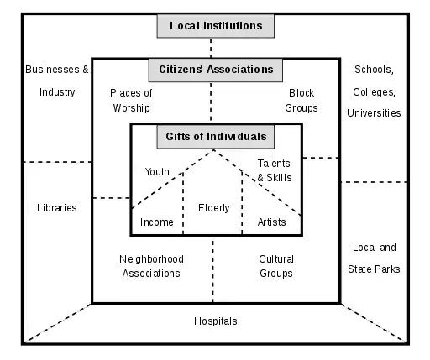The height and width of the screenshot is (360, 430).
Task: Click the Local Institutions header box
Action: point(216,26)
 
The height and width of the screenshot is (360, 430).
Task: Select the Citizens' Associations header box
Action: point(216,69)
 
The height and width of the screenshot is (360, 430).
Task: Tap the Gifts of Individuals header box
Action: point(216,136)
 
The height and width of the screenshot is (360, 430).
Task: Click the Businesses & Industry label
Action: point(57,81)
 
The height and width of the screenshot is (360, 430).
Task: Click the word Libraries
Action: point(57,208)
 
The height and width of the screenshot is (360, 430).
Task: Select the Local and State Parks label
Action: point(374,258)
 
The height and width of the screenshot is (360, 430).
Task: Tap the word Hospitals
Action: point(216,321)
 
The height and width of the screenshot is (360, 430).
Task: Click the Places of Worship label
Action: point(130,101)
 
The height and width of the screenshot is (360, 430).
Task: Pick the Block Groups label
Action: point(302,101)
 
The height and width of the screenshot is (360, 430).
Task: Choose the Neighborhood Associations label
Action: point(150,266)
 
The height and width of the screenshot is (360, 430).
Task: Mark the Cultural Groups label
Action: point(275,266)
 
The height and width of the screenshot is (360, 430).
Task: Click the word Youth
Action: point(157,172)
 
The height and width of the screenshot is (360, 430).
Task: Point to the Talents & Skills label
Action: point(275,171)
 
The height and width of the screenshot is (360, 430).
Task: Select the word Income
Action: point(157,222)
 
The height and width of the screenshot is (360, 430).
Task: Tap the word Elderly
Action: point(214,208)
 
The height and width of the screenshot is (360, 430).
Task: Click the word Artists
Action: point(271,222)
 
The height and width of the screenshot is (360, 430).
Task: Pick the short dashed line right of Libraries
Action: point(110,198)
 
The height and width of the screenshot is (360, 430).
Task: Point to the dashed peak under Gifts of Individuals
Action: point(215,151)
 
